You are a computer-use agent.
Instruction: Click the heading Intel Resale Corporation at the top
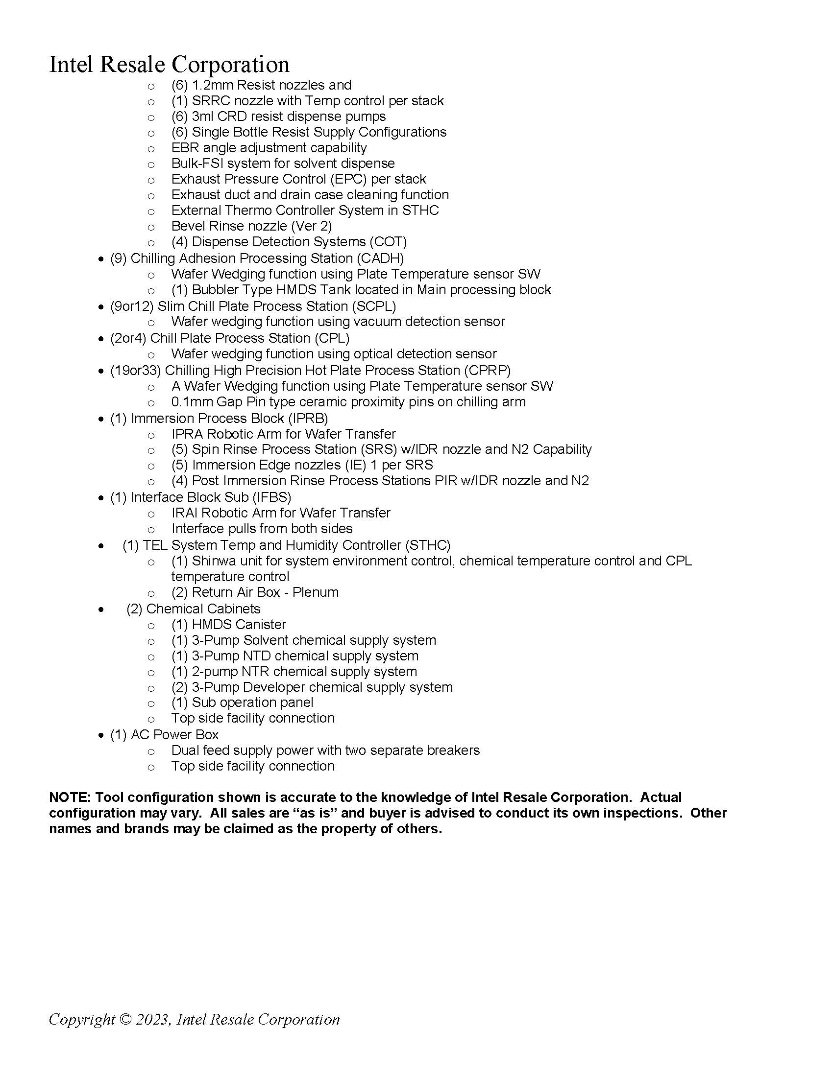pyautogui.click(x=169, y=65)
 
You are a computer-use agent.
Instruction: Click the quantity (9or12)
pyautogui.click(x=132, y=306)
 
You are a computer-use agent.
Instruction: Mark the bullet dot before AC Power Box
pyautogui.click(x=101, y=736)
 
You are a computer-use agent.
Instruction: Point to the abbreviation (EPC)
pyautogui.click(x=349, y=179)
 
